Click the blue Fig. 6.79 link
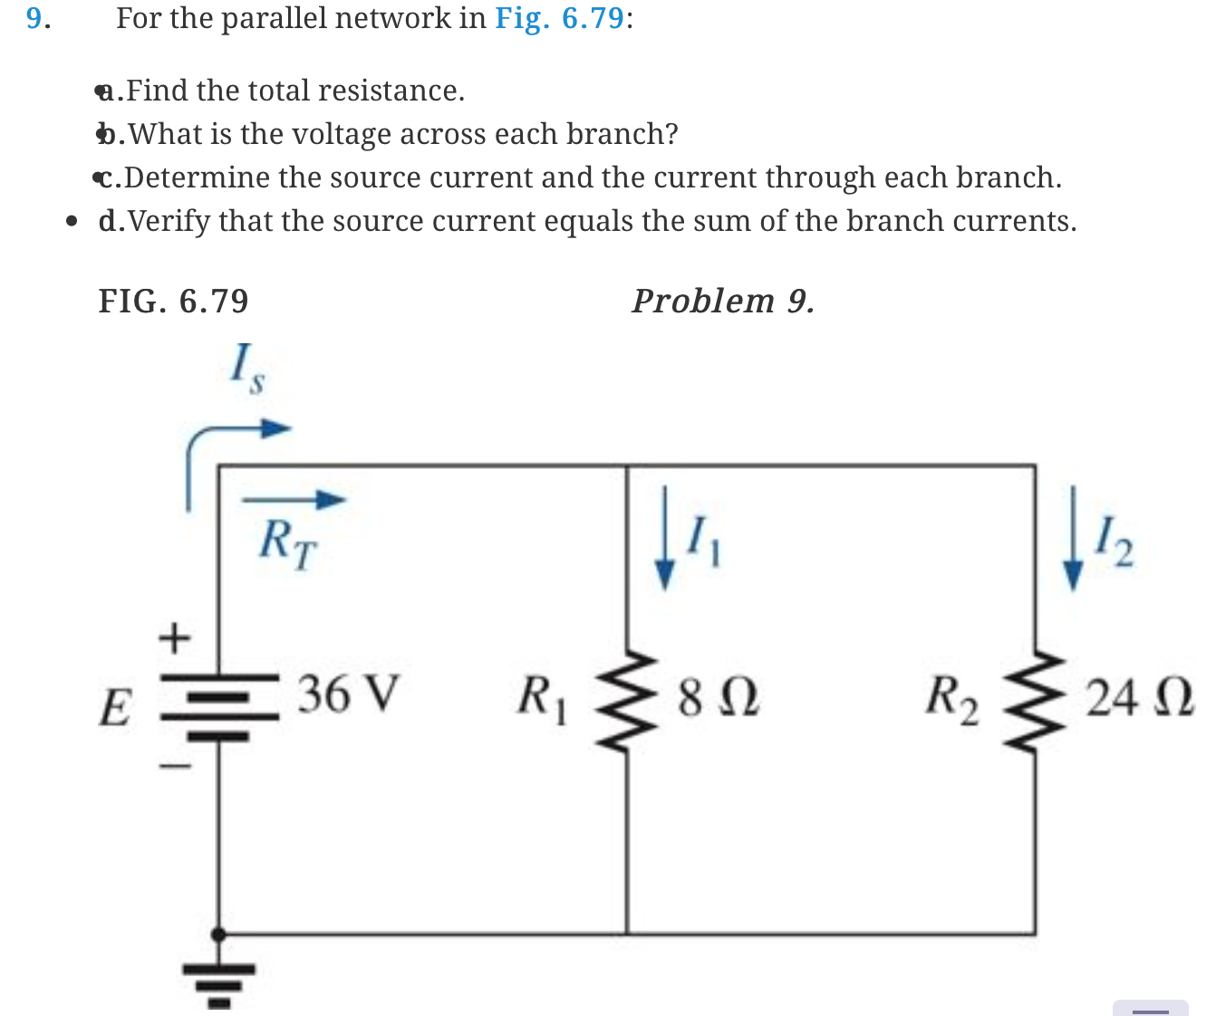tap(559, 18)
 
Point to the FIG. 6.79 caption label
tap(173, 301)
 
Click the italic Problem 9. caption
tap(722, 301)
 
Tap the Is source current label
tap(246, 369)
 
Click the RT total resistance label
tap(287, 543)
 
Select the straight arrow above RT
tap(294, 499)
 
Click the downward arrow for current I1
tap(665, 538)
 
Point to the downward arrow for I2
tap(1073, 540)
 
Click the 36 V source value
tap(348, 694)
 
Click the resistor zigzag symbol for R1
tap(627, 700)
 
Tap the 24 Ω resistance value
tap(1139, 698)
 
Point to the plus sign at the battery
tap(175, 639)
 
